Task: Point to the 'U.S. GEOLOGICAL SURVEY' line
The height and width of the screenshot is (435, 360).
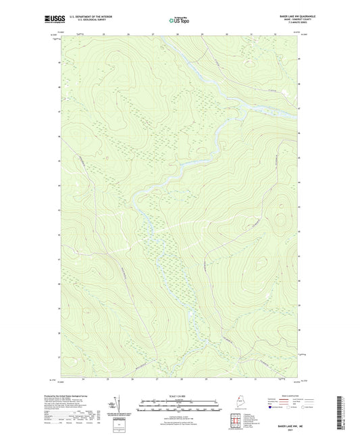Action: [85, 20]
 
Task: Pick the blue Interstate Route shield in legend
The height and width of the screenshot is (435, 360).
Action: [272, 407]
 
